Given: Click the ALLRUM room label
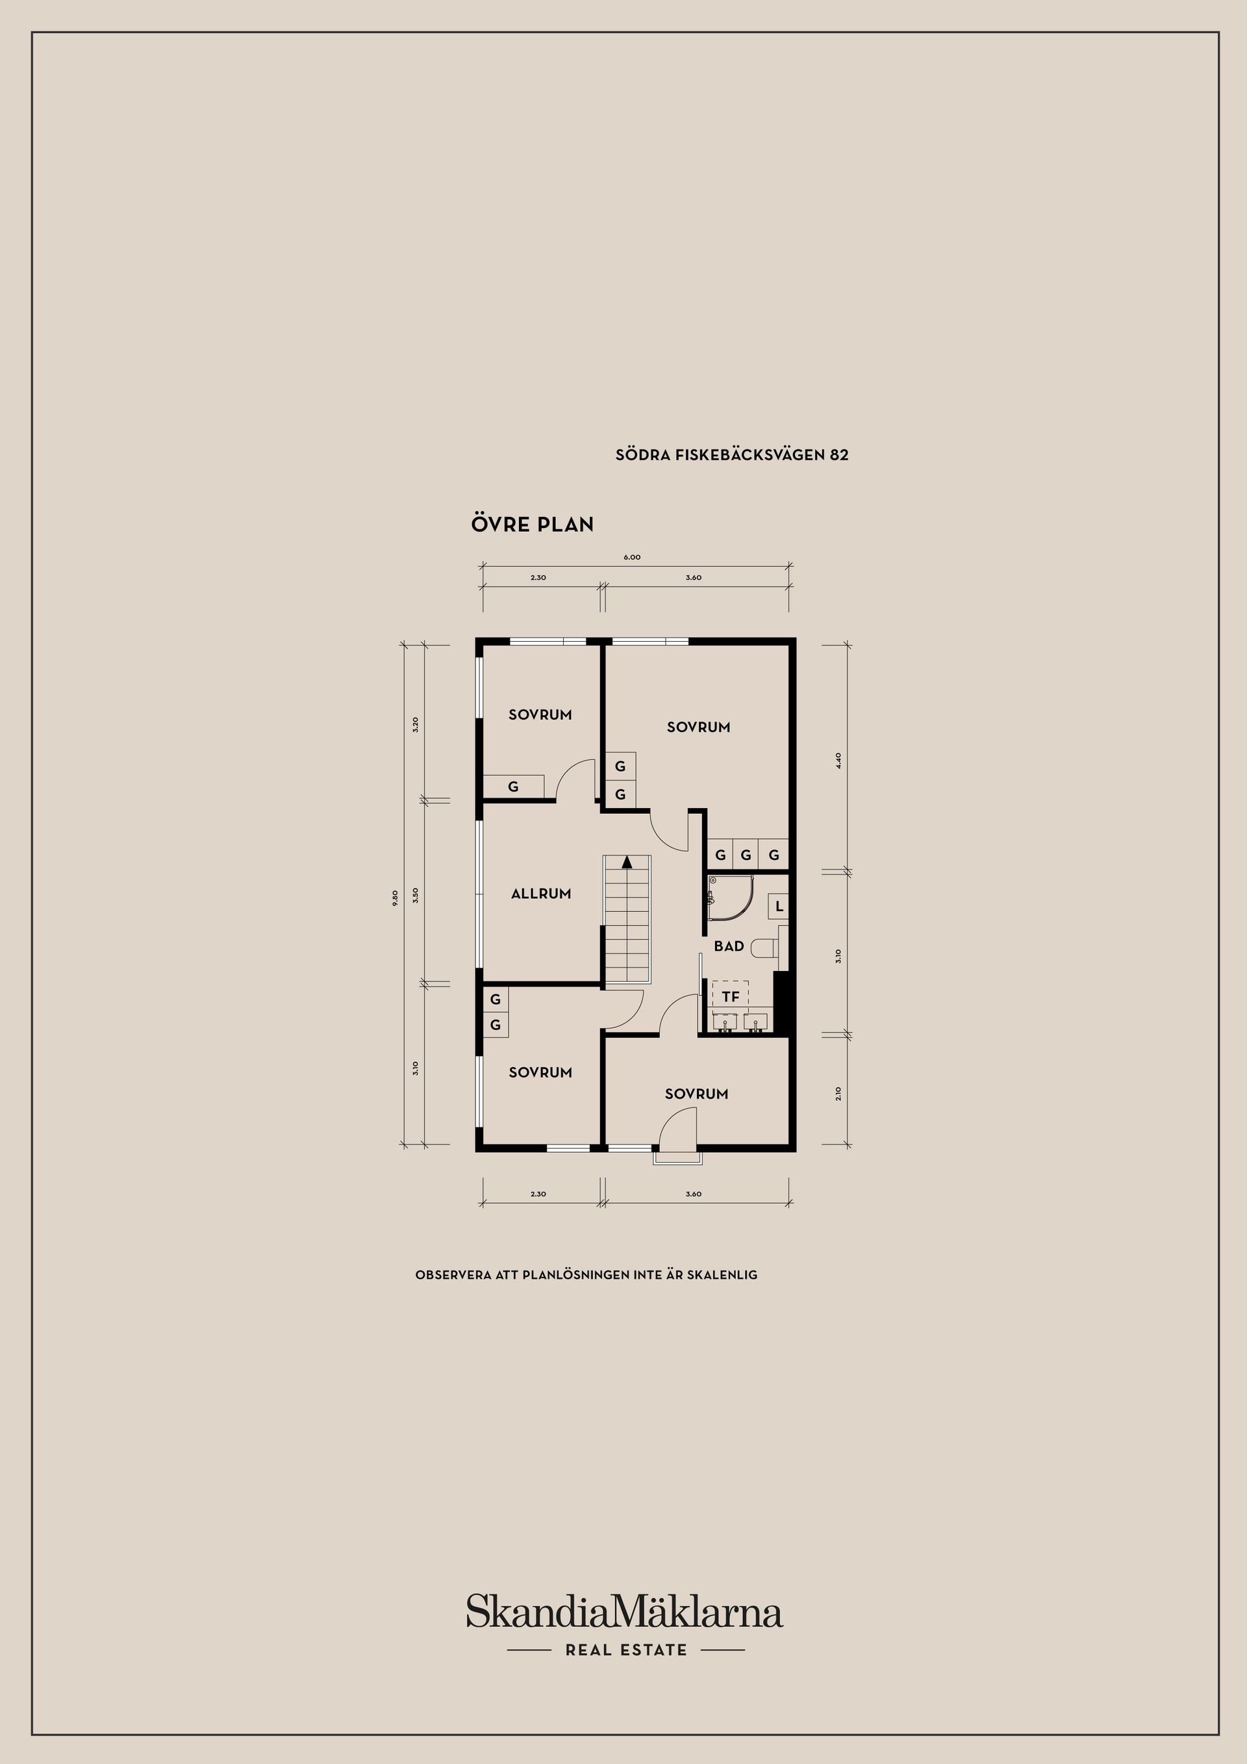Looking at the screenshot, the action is tap(541, 894).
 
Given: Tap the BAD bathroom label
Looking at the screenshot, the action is tap(728, 946).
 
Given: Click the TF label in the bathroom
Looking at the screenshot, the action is tap(730, 997).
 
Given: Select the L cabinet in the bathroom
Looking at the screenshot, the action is tap(778, 907).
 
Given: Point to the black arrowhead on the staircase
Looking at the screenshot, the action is tap(627, 861).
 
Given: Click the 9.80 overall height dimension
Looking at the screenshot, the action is tap(395, 898).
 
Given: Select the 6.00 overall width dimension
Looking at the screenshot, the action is tap(631, 557).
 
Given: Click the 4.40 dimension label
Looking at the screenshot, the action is tap(839, 761).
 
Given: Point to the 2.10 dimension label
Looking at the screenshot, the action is tap(839, 1092).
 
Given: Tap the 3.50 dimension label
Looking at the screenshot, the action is tap(415, 895).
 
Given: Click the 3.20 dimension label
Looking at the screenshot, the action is tap(415, 725).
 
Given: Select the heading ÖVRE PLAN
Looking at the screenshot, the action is tap(533, 525).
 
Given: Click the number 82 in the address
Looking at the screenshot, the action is tap(839, 455).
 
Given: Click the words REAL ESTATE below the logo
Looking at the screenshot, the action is tap(626, 1650).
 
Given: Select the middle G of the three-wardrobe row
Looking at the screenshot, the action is tap(746, 854).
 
